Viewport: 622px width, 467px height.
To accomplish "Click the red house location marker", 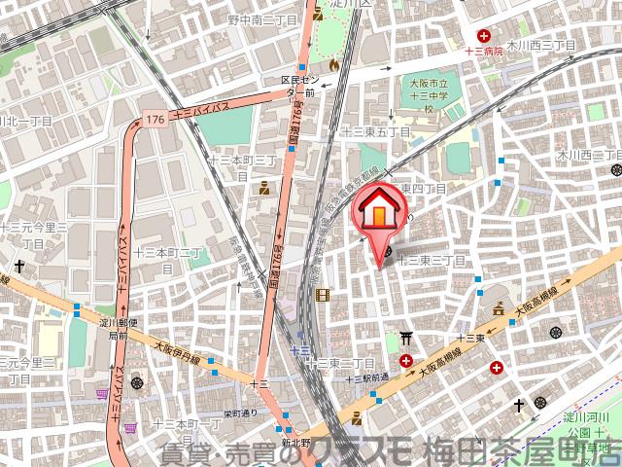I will [x=381, y=213].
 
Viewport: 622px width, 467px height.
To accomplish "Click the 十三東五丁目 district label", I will [x=376, y=131].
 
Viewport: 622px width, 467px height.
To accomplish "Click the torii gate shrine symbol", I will [x=405, y=340].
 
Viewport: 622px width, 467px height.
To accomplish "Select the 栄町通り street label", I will [x=236, y=413].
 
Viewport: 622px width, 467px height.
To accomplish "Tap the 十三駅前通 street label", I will [x=371, y=377].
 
